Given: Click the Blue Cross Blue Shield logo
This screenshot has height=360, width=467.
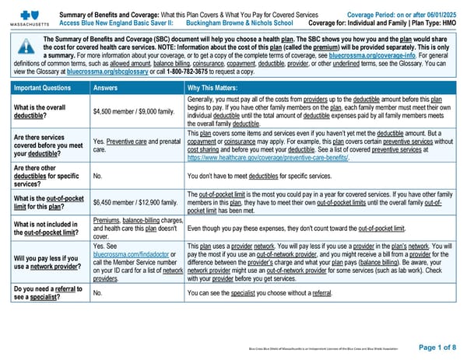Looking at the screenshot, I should [26, 13].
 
